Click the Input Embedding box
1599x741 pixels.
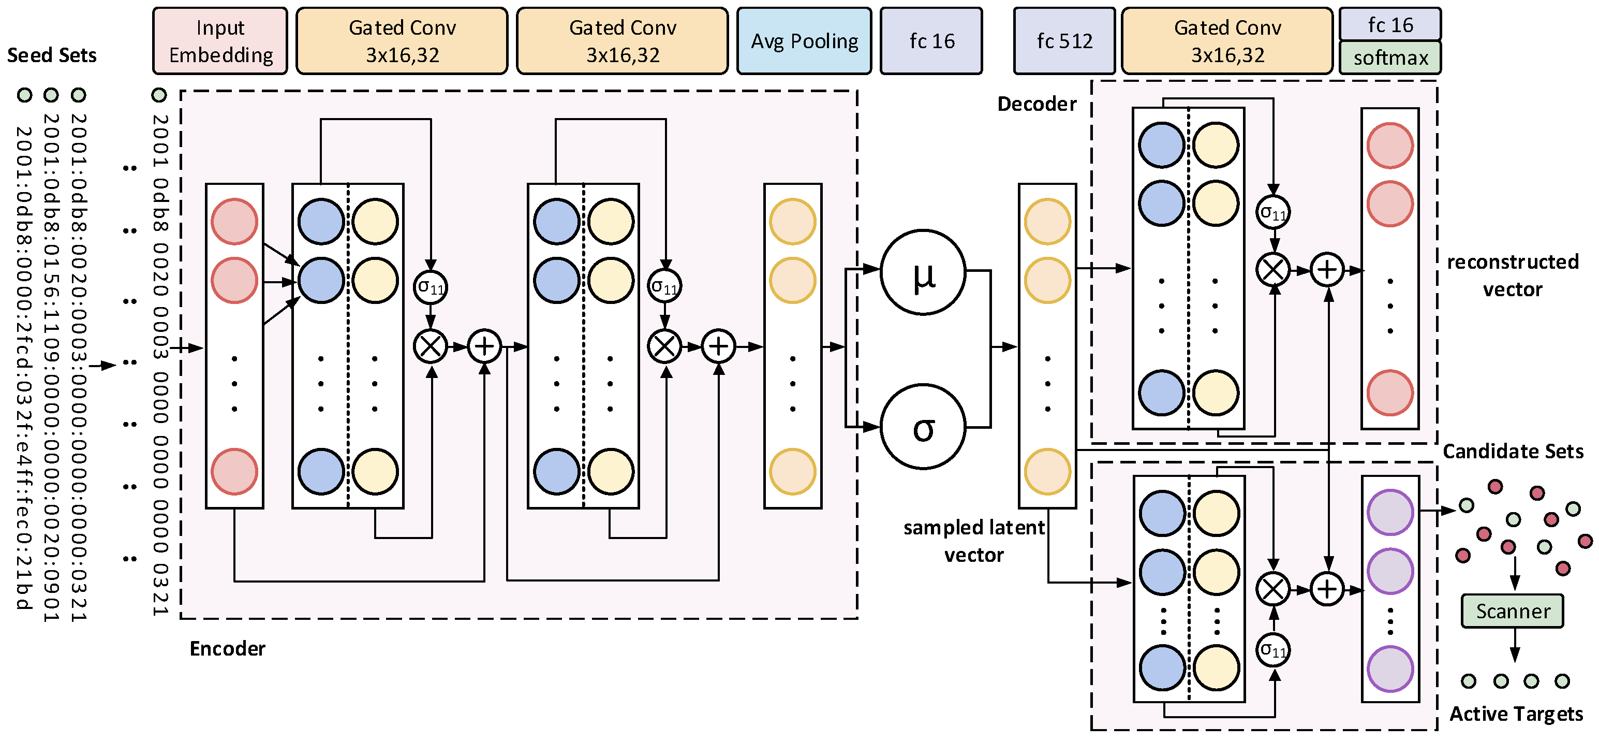click(x=220, y=41)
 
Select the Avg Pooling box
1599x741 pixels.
click(x=805, y=41)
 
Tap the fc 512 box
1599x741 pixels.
click(x=1064, y=41)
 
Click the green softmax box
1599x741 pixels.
click(x=1390, y=58)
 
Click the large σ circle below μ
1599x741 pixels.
click(x=924, y=427)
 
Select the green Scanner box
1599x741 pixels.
click(x=1513, y=611)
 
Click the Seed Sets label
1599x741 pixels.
click(x=52, y=55)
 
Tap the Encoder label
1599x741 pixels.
click(x=227, y=648)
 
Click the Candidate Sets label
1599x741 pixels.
click(x=1513, y=451)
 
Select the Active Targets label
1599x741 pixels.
click(x=1516, y=714)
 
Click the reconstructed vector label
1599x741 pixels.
click(x=1513, y=275)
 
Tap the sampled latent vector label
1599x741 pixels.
click(x=974, y=541)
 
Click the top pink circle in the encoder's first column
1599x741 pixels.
click(x=234, y=222)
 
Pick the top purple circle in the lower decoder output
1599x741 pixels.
click(x=1390, y=513)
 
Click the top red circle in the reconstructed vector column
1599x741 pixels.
click(x=1390, y=146)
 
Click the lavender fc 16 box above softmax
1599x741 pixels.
click(x=1390, y=25)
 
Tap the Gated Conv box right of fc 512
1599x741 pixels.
click(x=1227, y=41)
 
